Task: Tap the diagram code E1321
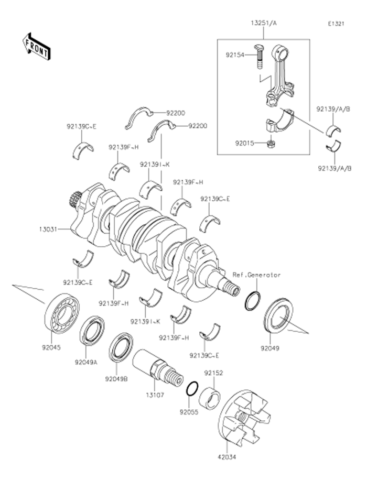pyautogui.click(x=336, y=24)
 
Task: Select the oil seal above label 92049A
pyautogui.click(x=92, y=331)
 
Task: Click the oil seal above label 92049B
pyautogui.click(x=121, y=347)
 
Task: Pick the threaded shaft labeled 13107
pyautogui.click(x=157, y=367)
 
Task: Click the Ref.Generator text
pyautogui.click(x=257, y=275)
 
